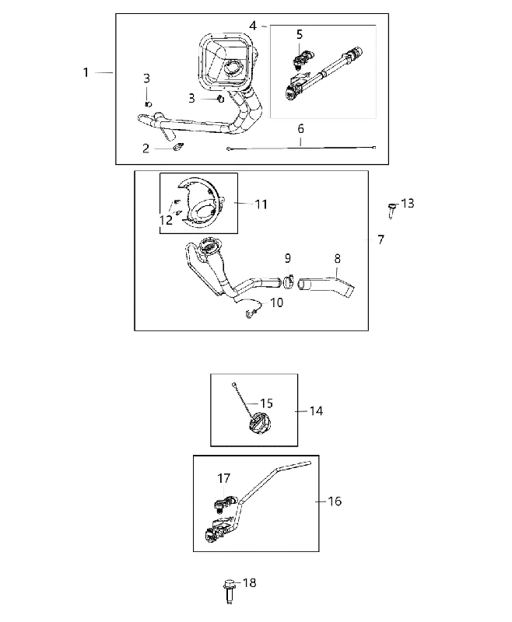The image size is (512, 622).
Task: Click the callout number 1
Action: coord(86,72)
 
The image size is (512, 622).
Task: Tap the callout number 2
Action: coord(146,149)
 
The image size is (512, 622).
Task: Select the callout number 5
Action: coord(300,34)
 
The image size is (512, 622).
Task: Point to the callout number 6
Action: coord(300,128)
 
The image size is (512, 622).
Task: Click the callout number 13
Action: coord(408,203)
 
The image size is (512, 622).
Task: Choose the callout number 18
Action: coord(249,582)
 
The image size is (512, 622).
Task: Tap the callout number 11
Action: coord(261,204)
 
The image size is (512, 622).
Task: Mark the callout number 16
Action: coord(335,501)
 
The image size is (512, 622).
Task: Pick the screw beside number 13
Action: coord(391,210)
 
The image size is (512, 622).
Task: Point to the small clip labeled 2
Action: coord(178,147)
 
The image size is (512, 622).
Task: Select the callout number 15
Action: coord(266,404)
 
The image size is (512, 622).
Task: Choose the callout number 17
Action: coord(224,478)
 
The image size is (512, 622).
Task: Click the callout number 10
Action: coord(277,302)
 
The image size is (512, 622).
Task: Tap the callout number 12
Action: coord(167,220)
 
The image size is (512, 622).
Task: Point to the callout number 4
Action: coord(253,26)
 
